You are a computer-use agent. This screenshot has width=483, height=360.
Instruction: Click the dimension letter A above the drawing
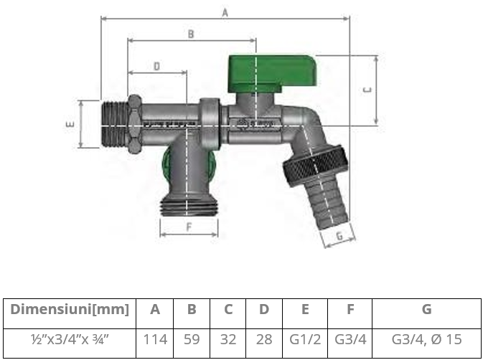pos(225,12)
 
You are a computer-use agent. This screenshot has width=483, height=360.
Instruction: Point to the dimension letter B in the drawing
pos(191,34)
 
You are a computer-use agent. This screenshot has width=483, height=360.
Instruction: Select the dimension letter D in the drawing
pos(156,66)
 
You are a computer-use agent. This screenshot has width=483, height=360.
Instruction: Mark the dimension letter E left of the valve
pos(70,124)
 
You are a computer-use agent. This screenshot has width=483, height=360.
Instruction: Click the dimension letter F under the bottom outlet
pos(188,228)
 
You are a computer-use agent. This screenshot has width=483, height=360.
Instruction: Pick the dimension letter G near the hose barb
pos(342,234)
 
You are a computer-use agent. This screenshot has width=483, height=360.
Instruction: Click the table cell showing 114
pos(155,338)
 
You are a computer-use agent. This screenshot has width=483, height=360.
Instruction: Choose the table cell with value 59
pos(192,338)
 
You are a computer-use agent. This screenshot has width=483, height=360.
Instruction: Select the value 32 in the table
pos(228,338)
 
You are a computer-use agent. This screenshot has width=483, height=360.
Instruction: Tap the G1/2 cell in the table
pos(304,338)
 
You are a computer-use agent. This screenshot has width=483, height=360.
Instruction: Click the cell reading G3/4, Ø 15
pos(426,338)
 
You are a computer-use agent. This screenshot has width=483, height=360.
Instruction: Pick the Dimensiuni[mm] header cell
pos(70,310)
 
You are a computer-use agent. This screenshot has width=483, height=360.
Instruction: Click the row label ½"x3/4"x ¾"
pos(70,338)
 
